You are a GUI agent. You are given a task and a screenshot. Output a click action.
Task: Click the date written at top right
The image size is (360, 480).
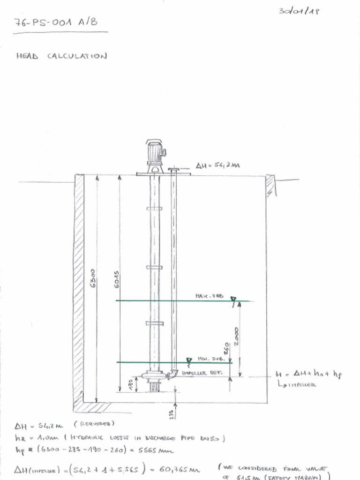point(299,11)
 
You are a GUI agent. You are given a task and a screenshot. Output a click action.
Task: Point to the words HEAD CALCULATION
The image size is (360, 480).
point(61,56)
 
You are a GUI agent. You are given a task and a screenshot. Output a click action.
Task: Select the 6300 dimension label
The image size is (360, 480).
point(93,278)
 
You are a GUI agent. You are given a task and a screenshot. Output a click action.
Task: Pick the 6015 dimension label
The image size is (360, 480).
point(117,279)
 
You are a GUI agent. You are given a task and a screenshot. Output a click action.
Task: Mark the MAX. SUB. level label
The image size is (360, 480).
point(209,296)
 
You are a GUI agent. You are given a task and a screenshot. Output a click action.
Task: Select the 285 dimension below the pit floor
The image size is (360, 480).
point(172,414)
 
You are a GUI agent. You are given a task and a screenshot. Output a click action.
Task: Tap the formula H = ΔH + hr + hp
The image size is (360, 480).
point(308,375)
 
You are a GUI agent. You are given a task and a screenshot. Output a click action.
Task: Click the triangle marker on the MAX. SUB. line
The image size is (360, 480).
point(233,299)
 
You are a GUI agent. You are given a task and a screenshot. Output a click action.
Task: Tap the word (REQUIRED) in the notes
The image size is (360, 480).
point(94,424)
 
